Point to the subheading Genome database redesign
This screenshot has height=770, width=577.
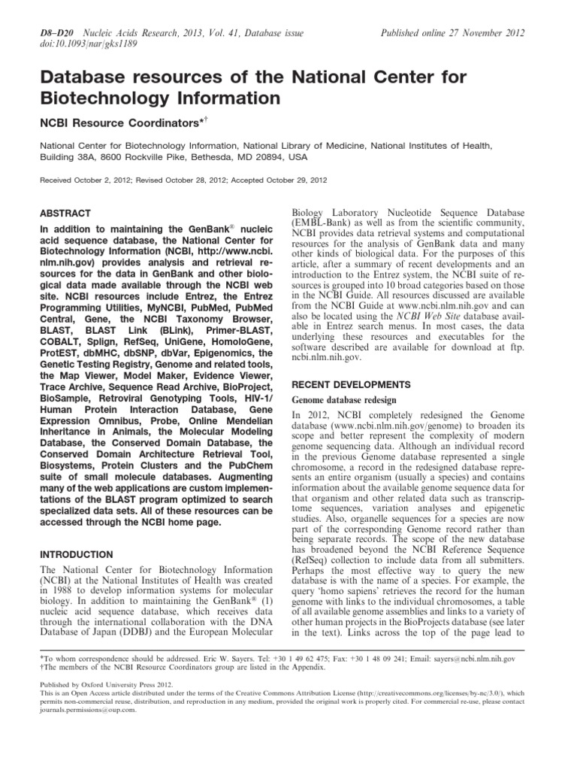tap(338, 399)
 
